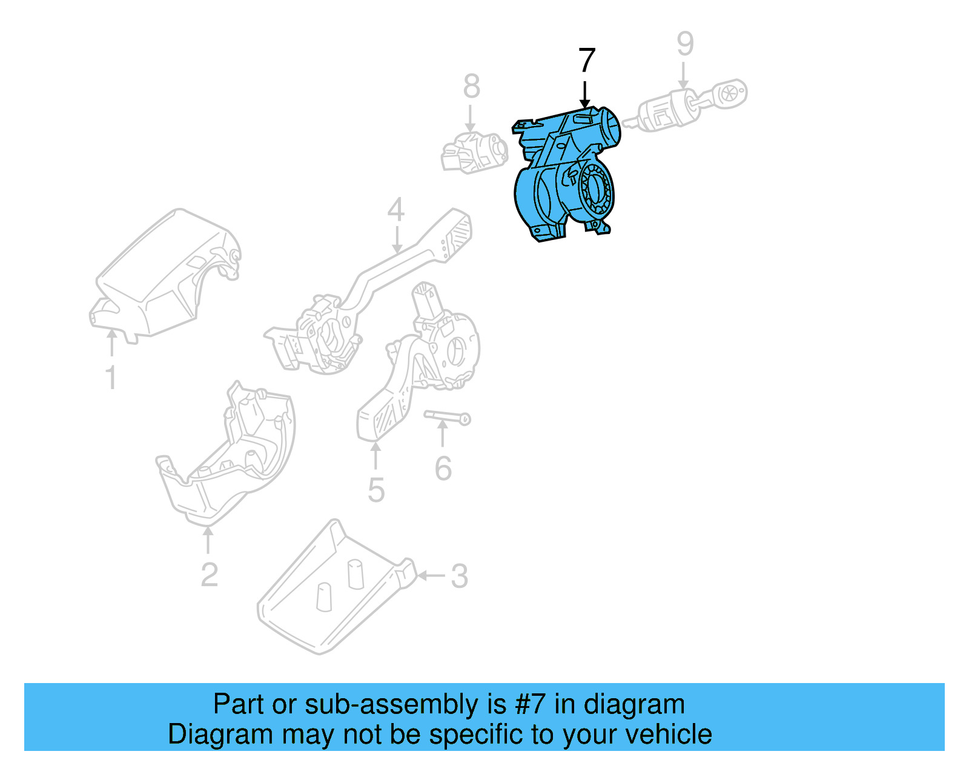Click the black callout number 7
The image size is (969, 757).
click(x=587, y=61)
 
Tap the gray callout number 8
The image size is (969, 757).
click(x=471, y=86)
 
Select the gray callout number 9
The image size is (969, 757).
click(x=684, y=44)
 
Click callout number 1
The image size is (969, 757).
click(x=111, y=377)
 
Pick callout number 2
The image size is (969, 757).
click(x=209, y=575)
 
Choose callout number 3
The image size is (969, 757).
click(x=459, y=576)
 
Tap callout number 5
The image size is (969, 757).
click(x=375, y=490)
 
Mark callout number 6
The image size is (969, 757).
click(x=443, y=469)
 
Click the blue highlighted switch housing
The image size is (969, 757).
click(x=563, y=176)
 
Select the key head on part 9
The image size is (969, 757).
click(x=730, y=94)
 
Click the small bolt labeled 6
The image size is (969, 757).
click(x=447, y=417)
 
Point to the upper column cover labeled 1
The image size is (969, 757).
click(x=164, y=273)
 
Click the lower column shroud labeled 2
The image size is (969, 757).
click(x=230, y=455)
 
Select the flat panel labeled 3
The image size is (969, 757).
click(x=333, y=588)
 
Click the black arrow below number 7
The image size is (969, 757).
click(x=585, y=95)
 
